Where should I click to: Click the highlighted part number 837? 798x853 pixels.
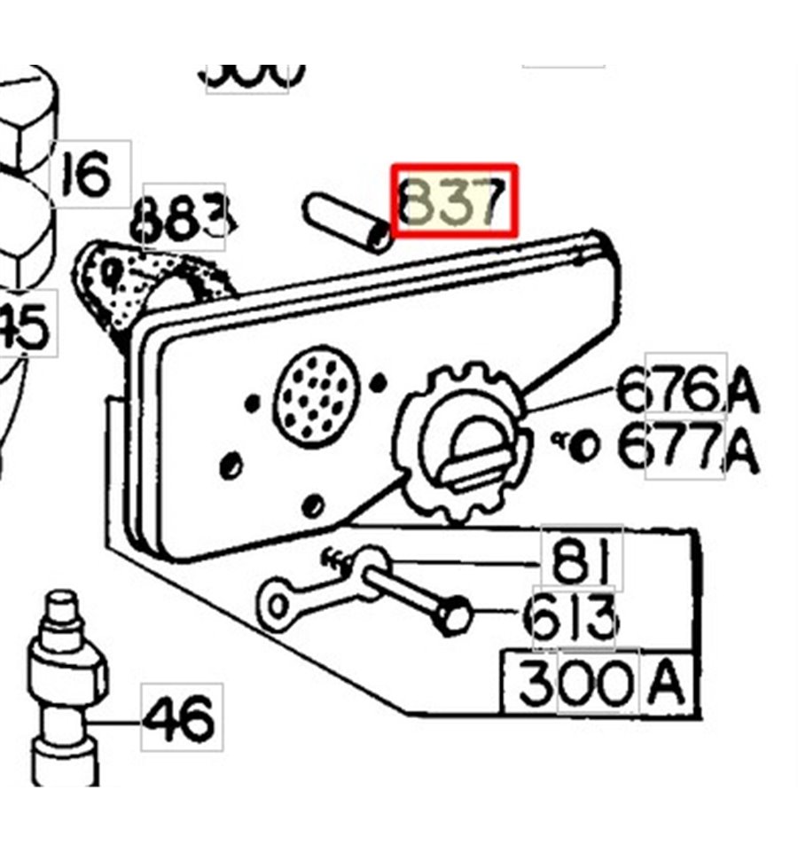tap(454, 200)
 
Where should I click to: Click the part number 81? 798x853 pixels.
tap(581, 560)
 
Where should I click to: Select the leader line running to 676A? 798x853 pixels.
tap(567, 401)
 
